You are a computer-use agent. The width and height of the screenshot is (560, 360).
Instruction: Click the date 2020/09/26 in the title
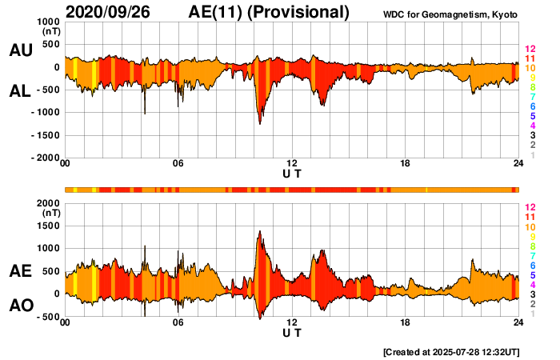pyautogui.click(x=108, y=12)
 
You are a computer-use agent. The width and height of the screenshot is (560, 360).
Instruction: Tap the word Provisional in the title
pyautogui.click(x=302, y=12)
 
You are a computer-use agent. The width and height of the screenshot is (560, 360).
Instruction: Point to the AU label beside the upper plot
pyautogui.click(x=20, y=50)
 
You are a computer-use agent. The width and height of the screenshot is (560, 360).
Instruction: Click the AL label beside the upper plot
pyautogui.click(x=20, y=91)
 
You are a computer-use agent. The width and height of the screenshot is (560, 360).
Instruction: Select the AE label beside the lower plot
pyautogui.click(x=20, y=271)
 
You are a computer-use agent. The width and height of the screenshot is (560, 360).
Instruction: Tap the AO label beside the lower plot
pyautogui.click(x=20, y=306)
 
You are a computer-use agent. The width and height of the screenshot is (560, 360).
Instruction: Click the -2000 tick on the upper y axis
pyautogui.click(x=44, y=158)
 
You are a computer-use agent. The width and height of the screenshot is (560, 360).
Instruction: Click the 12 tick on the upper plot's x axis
pyautogui.click(x=292, y=164)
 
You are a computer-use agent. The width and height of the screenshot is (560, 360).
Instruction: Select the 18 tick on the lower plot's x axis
pyautogui.click(x=406, y=323)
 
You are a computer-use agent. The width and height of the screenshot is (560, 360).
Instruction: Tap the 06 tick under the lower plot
pyautogui.click(x=178, y=323)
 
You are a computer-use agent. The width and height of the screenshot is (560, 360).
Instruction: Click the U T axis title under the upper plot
pyautogui.click(x=292, y=174)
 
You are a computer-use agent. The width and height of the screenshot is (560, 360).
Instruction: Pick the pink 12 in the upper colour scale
pyautogui.click(x=530, y=49)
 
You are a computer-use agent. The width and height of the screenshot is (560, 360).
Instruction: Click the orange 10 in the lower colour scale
pyautogui.click(x=530, y=227)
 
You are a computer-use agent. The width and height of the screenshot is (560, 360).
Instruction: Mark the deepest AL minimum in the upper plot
pyautogui.click(x=259, y=123)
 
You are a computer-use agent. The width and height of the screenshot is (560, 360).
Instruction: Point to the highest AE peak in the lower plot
pyautogui.click(x=259, y=231)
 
